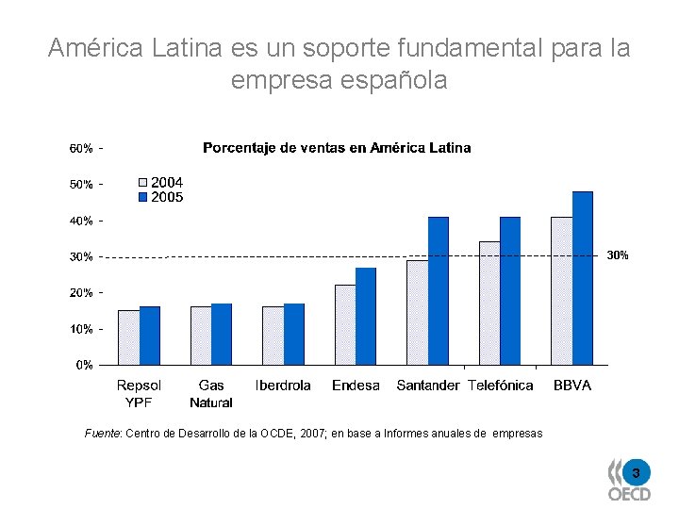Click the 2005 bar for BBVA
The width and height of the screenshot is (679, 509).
coord(582,278)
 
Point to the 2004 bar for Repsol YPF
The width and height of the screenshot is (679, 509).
coord(128,337)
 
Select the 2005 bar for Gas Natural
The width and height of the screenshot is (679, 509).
coord(222,334)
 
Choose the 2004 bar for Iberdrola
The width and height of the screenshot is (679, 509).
coord(273,335)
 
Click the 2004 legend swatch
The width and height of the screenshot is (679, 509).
coord(143,183)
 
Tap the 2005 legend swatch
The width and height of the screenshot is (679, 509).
coord(143,197)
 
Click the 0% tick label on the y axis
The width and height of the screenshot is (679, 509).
coord(84,365)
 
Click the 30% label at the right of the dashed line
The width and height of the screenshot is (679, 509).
coord(617,255)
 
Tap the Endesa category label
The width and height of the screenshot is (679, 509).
coord(356,386)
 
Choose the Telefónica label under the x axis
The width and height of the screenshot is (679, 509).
coord(501,386)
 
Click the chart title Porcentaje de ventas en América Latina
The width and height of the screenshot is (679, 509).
coord(337,148)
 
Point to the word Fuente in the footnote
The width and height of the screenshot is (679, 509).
coord(102,434)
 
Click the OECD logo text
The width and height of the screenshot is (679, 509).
coord(628,493)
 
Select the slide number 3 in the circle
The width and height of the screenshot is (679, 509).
coord(636,471)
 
